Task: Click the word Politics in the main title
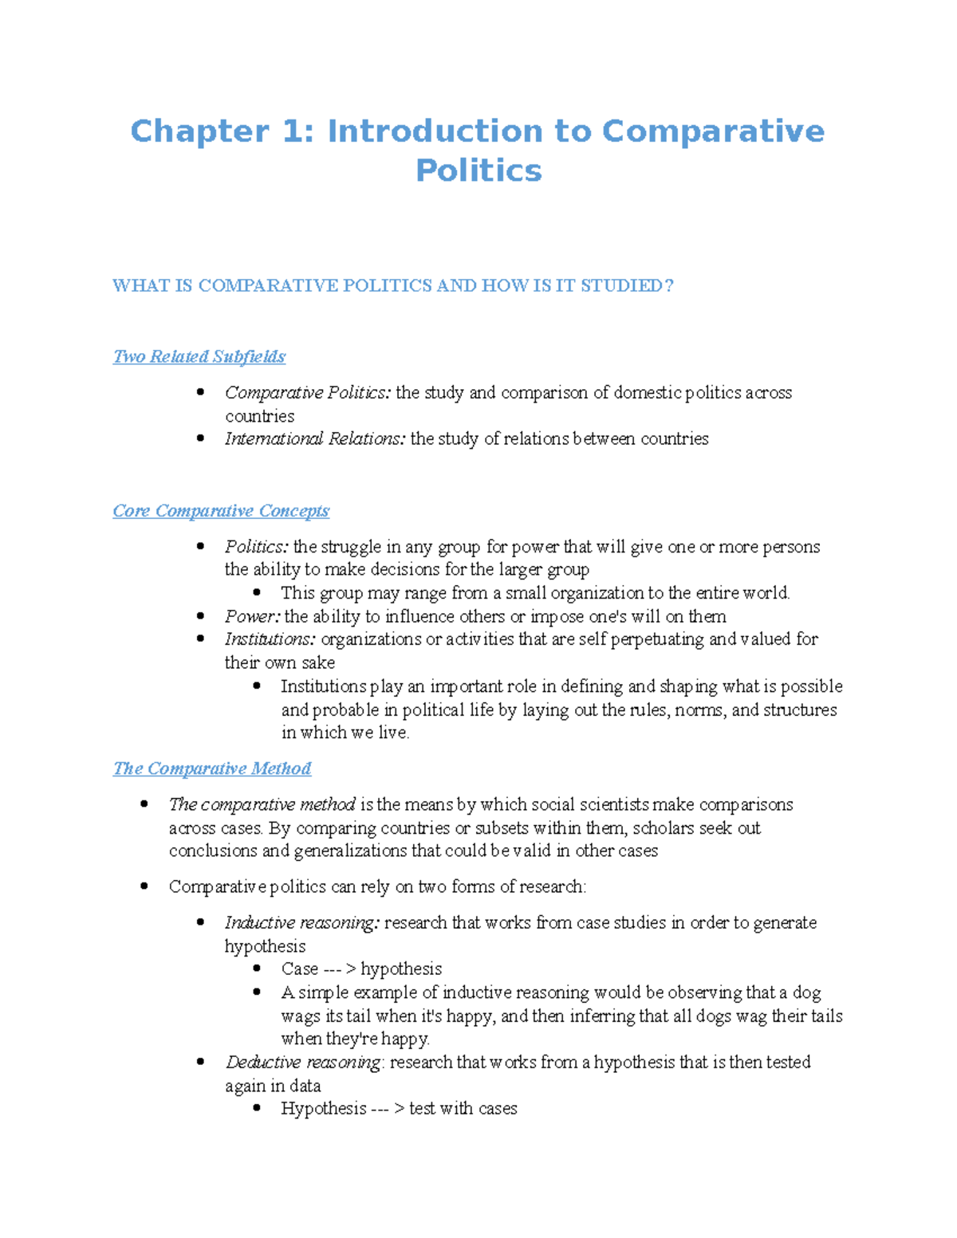tap(478, 171)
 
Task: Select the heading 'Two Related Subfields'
tap(199, 356)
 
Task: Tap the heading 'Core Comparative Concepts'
tap(221, 511)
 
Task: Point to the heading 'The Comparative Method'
tap(212, 768)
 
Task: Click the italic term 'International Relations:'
tap(315, 439)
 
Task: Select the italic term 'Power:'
tap(252, 617)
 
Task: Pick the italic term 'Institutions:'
tap(270, 639)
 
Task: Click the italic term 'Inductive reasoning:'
tap(302, 923)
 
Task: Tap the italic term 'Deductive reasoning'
tap(303, 1063)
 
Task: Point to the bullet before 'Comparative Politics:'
tap(201, 392)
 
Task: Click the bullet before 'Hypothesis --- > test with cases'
tap(257, 1109)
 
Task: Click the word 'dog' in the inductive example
tap(806, 993)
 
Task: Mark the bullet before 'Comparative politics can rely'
tap(144, 886)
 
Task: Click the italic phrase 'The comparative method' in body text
tap(262, 805)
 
